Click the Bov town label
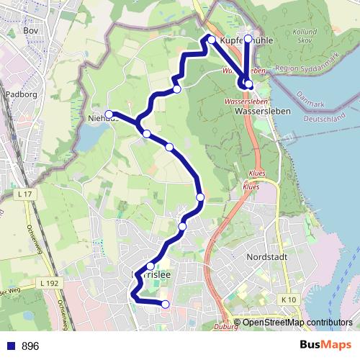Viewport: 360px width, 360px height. click(30, 31)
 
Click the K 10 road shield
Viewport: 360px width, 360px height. click(288, 300)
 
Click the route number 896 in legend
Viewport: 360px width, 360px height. click(30, 346)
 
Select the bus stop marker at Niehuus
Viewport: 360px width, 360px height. click(109, 114)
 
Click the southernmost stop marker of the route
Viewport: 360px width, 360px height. click(166, 305)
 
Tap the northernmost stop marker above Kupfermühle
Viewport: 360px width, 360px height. click(248, 38)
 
